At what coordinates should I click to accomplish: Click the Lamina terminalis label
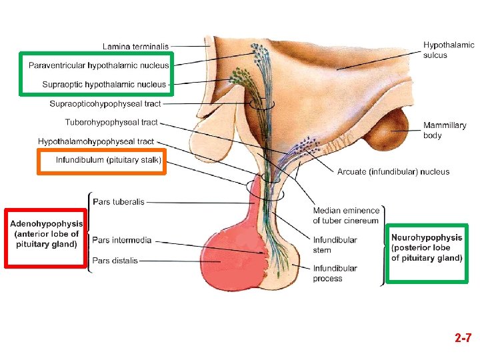click(135, 47)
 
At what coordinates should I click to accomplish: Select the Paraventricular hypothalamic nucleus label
click(99, 65)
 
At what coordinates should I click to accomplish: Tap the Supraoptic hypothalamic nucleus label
click(104, 85)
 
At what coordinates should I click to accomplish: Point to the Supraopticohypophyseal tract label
click(105, 104)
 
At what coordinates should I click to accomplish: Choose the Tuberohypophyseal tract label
click(111, 123)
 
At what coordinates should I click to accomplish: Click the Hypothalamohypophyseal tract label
click(96, 141)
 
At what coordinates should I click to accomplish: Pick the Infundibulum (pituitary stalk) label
click(109, 160)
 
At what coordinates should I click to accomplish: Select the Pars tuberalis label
click(119, 202)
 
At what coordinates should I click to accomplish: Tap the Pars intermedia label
click(122, 240)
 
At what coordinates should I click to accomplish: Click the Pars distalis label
click(115, 261)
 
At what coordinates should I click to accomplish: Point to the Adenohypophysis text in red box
click(47, 234)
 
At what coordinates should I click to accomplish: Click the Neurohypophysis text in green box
click(427, 247)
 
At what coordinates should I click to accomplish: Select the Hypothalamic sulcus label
click(449, 50)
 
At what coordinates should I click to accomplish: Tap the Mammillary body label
click(445, 130)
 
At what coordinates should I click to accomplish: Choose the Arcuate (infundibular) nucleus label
click(393, 172)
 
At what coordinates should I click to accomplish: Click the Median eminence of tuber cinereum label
click(346, 215)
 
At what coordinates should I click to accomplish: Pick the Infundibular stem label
click(335, 245)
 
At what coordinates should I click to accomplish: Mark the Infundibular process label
click(335, 273)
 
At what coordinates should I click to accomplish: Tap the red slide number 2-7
click(463, 337)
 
